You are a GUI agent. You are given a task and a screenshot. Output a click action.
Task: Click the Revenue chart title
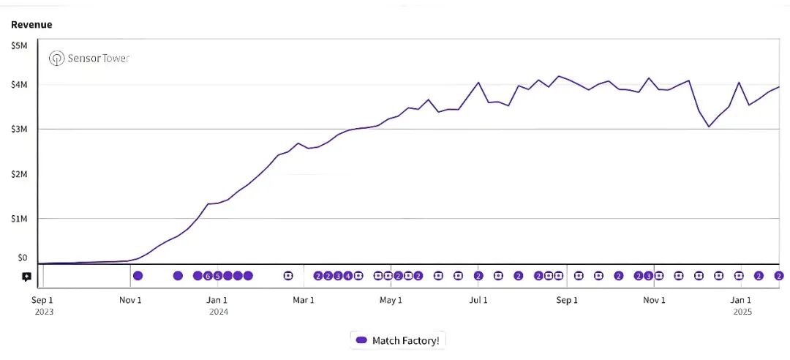coord(31,25)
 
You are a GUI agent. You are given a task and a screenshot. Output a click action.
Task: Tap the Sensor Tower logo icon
coord(56,59)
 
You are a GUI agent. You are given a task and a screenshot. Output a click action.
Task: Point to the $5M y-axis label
coord(19,46)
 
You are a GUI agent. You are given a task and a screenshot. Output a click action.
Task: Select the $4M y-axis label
coord(19,85)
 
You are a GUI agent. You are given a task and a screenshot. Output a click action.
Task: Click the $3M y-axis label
coord(19,130)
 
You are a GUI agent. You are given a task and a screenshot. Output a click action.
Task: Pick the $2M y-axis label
coord(19,174)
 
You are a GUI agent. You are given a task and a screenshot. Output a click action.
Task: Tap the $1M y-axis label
coord(19,219)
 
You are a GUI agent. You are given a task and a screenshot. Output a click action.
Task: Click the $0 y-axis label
coord(22,258)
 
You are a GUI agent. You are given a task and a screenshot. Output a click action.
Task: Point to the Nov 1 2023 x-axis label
coord(130,300)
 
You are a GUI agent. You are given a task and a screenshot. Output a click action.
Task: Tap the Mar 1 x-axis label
coord(304,300)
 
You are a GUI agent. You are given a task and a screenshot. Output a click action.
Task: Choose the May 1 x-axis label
coord(391,300)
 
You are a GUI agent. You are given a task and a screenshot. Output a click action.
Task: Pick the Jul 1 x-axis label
coord(478,300)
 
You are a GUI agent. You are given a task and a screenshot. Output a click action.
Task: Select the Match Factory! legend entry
coord(399,340)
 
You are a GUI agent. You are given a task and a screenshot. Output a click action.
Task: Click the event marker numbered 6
coord(208,276)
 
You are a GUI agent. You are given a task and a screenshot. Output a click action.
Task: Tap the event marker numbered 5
coord(217,276)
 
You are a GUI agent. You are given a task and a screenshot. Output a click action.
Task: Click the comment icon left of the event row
coord(26,277)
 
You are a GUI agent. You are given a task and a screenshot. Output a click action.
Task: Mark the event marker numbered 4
coord(347,276)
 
